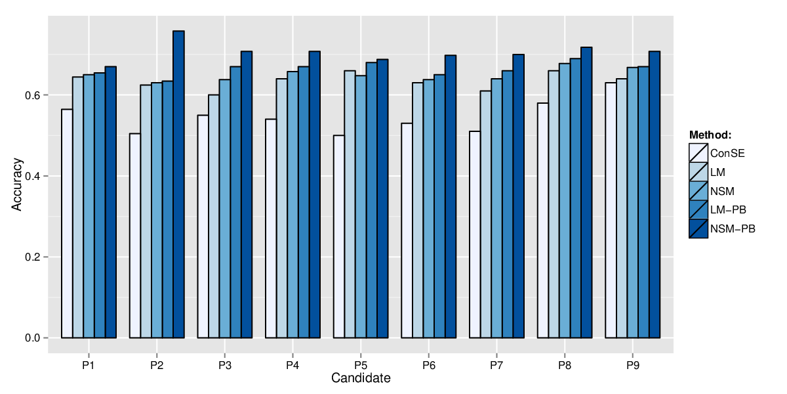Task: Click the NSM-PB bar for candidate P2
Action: [179, 185]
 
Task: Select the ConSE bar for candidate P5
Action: [339, 236]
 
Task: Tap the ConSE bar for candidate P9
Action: [611, 210]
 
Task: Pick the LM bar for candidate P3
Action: [214, 216]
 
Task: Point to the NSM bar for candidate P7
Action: [497, 208]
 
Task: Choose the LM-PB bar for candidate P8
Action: [576, 198]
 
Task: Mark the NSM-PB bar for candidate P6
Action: [451, 196]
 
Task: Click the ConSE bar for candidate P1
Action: [67, 224]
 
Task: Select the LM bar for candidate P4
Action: [282, 208]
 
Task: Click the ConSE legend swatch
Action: [698, 153]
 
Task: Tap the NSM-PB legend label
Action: [733, 229]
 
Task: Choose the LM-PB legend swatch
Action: [698, 210]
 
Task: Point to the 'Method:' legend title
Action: [710, 135]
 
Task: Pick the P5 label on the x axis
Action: [361, 366]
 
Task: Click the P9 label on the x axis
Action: [633, 366]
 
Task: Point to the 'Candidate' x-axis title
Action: [361, 378]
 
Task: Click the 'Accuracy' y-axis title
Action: [16, 185]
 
